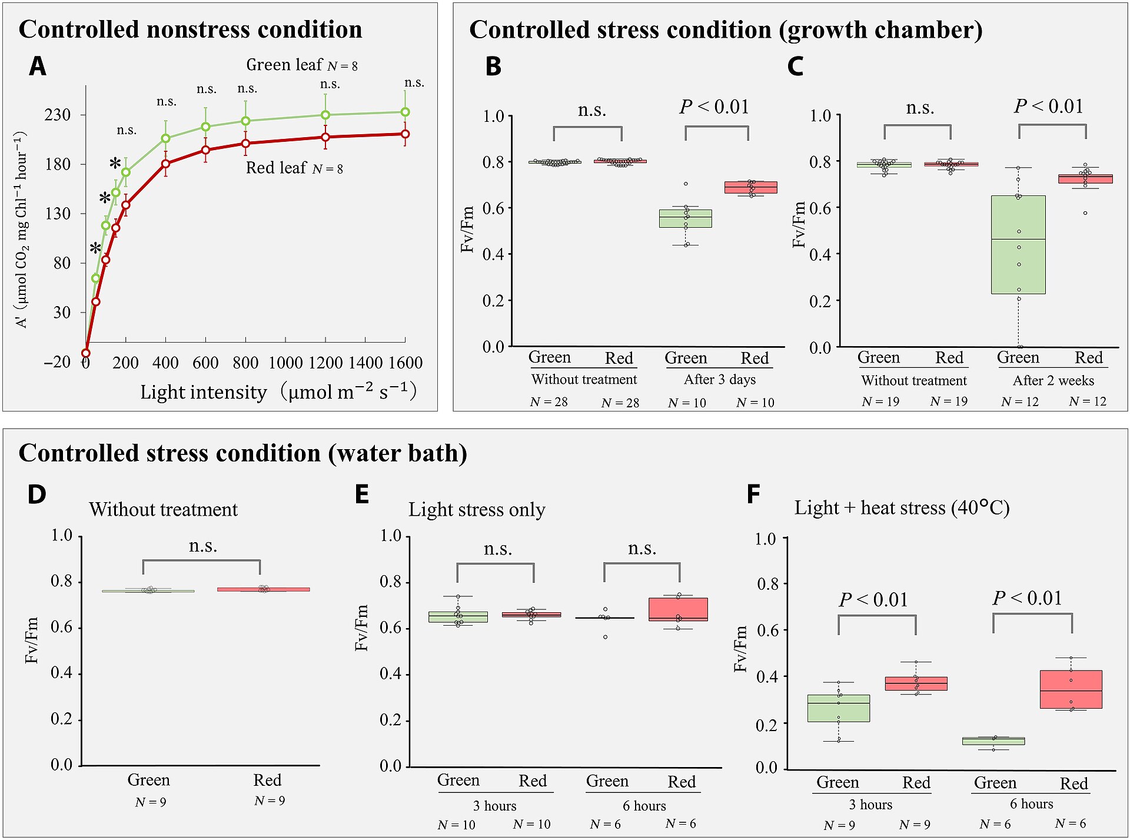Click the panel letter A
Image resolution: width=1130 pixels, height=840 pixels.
38,66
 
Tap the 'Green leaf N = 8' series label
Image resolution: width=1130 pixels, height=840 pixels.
302,65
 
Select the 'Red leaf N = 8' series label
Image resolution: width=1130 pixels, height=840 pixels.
294,168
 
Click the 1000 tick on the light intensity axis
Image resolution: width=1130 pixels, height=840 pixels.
285,363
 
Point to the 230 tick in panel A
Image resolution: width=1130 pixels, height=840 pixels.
58,114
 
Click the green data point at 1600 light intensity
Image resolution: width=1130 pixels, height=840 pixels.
405,112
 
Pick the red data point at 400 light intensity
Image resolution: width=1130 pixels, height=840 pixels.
166,164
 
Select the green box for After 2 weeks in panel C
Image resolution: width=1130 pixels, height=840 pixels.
1018,244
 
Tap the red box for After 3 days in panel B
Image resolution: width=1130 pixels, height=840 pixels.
750,187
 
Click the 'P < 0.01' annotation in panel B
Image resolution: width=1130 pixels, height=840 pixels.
714,107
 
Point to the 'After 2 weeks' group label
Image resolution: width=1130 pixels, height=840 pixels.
1053,380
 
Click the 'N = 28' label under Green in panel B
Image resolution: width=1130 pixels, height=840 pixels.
549,402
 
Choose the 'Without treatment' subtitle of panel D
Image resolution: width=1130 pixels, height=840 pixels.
164,509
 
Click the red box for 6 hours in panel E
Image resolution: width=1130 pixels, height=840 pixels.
678,609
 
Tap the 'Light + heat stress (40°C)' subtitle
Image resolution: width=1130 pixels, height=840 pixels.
902,507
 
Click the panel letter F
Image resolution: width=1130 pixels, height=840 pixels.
754,494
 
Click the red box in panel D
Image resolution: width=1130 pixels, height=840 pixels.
263,589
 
